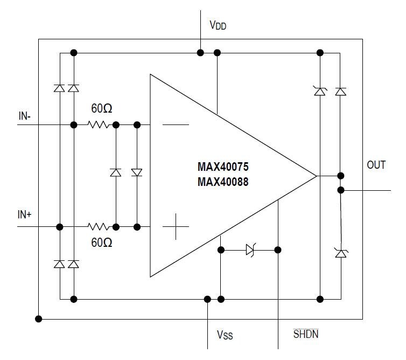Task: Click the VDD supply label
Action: tap(218, 25)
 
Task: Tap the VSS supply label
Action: tap(225, 335)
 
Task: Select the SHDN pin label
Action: tap(305, 334)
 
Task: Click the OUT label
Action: tap(376, 165)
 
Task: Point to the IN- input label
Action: tap(25, 116)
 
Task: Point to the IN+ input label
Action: tap(25, 214)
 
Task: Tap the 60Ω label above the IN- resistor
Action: tap(101, 109)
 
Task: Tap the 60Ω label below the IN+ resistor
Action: tap(101, 243)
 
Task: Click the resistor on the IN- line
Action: tap(99, 125)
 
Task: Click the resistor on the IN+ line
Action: tap(99, 227)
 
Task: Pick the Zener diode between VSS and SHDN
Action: tap(250, 250)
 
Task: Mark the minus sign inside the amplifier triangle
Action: tap(176, 125)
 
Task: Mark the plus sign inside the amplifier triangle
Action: tap(176, 227)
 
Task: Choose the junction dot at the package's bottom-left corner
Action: tap(38, 319)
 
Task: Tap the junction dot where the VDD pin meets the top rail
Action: tap(200, 53)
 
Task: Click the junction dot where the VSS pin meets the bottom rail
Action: tap(207, 299)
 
